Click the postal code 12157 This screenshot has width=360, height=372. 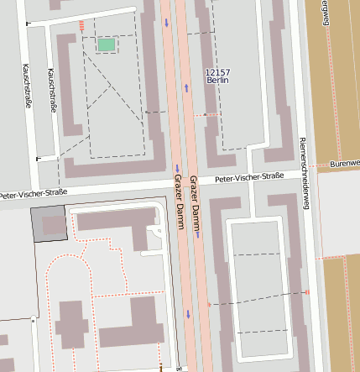pos(217,73)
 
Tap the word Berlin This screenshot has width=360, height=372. pos(217,81)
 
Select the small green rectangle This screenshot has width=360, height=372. pos(107,45)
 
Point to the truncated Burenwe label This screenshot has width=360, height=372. pos(345,162)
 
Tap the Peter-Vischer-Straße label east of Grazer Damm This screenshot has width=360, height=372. pos(249,178)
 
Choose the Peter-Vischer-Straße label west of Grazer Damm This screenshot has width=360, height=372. pos(33,193)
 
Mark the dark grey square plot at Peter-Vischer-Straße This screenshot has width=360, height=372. pos(49,224)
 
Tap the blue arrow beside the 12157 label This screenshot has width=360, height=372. pos(185,86)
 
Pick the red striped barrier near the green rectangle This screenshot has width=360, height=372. pos(81,25)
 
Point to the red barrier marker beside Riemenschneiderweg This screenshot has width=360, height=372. pos(307,291)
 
